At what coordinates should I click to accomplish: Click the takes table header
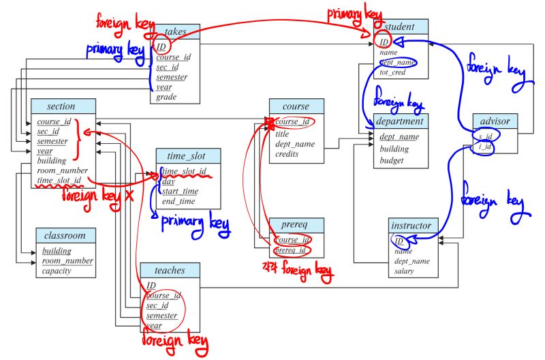[x=175, y=31]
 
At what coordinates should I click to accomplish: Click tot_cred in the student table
[x=393, y=72]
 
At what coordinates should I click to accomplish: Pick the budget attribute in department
[x=391, y=161]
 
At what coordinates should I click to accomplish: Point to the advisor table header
[x=495, y=121]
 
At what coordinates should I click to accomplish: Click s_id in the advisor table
[x=485, y=136]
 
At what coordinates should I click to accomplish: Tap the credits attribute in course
[x=287, y=154]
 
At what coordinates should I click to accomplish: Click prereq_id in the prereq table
[x=292, y=250]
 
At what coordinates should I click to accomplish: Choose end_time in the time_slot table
[x=178, y=201]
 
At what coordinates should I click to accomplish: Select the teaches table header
[x=170, y=270]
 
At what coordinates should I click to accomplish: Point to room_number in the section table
[x=62, y=171]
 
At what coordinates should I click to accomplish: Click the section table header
[x=61, y=106]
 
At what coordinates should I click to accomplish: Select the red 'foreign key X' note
[x=97, y=195]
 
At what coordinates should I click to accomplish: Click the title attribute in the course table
[x=282, y=134]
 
